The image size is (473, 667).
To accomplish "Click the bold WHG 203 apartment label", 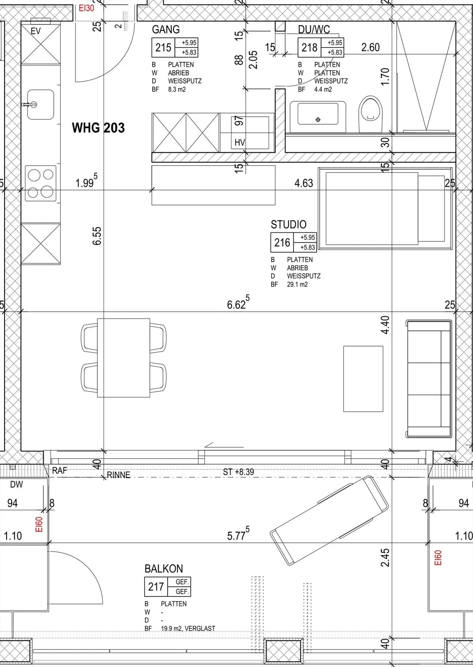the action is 98,128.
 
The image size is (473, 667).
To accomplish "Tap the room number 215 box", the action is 164,48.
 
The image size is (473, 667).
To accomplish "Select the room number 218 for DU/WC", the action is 309,48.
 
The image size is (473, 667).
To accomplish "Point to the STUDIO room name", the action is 288,224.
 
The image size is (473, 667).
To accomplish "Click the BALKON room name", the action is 164,569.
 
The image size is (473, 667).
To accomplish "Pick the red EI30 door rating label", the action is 86,8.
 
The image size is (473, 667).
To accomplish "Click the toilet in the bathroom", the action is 370,113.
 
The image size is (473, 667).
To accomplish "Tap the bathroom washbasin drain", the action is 318,120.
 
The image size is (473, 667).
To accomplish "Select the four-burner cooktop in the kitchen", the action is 40,183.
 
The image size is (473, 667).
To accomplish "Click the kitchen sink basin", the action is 40,105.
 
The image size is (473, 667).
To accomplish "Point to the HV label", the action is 239,143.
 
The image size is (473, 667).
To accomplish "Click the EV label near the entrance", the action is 36,31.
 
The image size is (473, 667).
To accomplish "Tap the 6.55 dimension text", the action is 97,236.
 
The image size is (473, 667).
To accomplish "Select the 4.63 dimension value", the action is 304,183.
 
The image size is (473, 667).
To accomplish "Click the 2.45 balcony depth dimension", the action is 385,557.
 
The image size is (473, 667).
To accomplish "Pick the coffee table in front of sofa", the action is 363,379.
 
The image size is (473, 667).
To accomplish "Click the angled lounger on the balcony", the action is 329,521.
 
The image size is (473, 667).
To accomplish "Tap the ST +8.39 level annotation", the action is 238,472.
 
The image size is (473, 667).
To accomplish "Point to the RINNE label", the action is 118,475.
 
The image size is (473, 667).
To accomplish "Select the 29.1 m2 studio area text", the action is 297,284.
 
